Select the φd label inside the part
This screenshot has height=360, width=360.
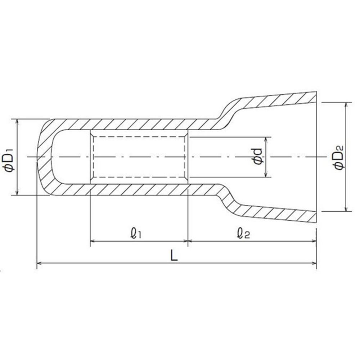tap(258, 157)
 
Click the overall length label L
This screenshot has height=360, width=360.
tap(174, 255)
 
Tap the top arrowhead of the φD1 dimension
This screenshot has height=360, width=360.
tap(17, 122)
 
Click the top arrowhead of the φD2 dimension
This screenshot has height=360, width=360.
tap(346, 105)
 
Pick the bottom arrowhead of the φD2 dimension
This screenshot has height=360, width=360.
tap(346, 208)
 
